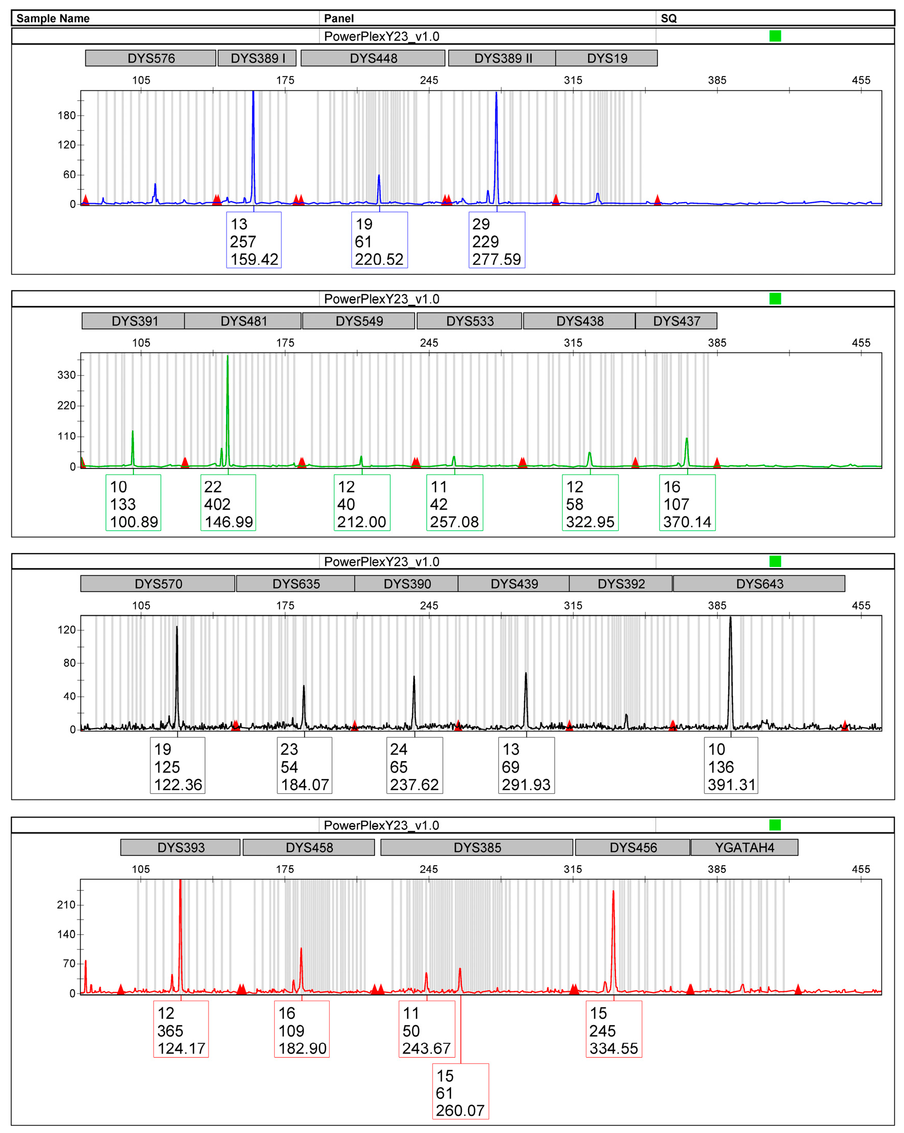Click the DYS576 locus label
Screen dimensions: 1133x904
[x=151, y=58]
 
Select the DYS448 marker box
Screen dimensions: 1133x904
[x=373, y=58]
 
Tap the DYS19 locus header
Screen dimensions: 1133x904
[x=607, y=58]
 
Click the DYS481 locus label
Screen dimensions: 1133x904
[x=243, y=321]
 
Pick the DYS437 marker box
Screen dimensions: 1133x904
[x=676, y=321]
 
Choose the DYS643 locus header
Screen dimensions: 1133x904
[x=759, y=584]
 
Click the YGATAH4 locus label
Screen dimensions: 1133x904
[x=745, y=848]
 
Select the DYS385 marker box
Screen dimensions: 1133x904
[x=477, y=848]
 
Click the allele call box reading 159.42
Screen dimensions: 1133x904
[x=254, y=241]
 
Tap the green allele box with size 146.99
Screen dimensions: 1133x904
[x=228, y=503]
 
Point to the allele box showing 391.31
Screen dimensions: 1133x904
[x=731, y=766]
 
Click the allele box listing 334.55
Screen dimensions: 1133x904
[x=614, y=1029]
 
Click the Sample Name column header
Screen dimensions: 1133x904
[x=53, y=18]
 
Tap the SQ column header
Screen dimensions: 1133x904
[x=668, y=18]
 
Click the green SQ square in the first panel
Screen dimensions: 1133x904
[x=775, y=36]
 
